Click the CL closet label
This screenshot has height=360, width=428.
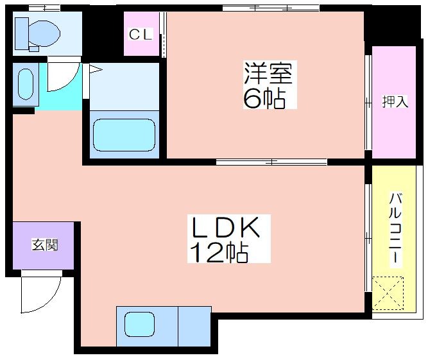[x=141, y=35]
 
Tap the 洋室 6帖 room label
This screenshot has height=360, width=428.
[x=269, y=85]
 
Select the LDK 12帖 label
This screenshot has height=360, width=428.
[x=228, y=239]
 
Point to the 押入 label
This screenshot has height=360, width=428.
[x=395, y=101]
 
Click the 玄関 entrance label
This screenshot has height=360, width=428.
[x=45, y=245]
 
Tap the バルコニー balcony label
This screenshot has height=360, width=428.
[x=395, y=228]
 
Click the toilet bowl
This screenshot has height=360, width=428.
[x=44, y=33]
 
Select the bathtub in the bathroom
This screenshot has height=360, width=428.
[x=124, y=135]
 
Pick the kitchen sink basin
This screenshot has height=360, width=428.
[x=139, y=325]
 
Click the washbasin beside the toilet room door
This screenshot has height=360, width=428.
[x=26, y=84]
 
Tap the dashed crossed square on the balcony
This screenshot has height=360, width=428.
[x=388, y=293]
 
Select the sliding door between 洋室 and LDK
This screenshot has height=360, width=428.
[x=271, y=162]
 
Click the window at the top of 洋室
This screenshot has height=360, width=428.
[x=271, y=8]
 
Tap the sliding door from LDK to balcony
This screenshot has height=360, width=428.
[x=368, y=238]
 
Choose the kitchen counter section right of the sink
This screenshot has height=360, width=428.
[x=194, y=327]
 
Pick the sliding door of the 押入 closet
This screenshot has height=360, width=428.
[x=368, y=103]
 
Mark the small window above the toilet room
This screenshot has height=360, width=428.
[x=44, y=8]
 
